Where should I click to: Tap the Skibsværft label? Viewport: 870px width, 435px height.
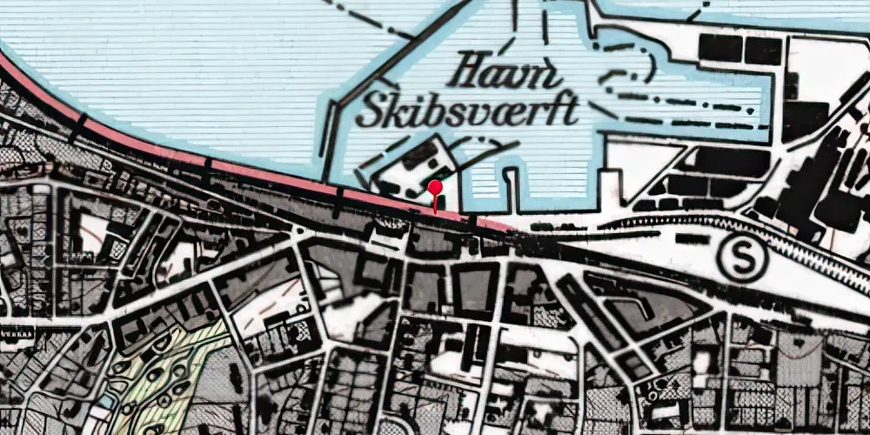coord(468,111)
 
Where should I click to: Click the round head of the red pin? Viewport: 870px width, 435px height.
coord(435,186)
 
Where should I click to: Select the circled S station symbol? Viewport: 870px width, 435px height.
coord(742,258)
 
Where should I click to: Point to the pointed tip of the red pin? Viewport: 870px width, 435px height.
coord(435,211)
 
